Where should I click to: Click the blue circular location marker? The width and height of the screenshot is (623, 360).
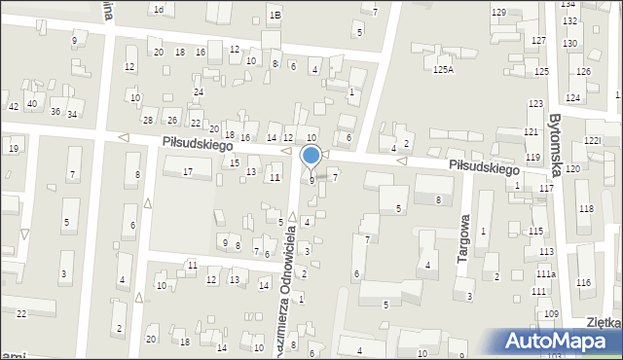click(x=311, y=155)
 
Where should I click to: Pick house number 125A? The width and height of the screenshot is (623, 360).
click(x=444, y=70)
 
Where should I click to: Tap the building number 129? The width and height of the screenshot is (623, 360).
click(x=498, y=12)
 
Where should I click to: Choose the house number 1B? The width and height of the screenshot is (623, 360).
click(x=275, y=15)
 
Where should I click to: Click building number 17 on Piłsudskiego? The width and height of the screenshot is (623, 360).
click(x=188, y=172)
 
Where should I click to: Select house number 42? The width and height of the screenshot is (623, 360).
click(x=14, y=106)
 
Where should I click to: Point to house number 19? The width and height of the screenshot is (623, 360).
click(x=14, y=148)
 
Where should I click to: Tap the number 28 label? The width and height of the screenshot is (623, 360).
click(x=148, y=120)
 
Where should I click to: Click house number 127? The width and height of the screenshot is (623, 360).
click(x=538, y=40)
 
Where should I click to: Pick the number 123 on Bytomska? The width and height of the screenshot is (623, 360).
click(x=534, y=103)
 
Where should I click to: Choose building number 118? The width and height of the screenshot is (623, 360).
click(x=585, y=209)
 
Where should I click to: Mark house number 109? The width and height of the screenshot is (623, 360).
click(x=552, y=313)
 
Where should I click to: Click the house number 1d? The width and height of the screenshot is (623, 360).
click(x=158, y=9)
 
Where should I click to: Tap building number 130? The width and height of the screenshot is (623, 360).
click(x=569, y=44)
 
